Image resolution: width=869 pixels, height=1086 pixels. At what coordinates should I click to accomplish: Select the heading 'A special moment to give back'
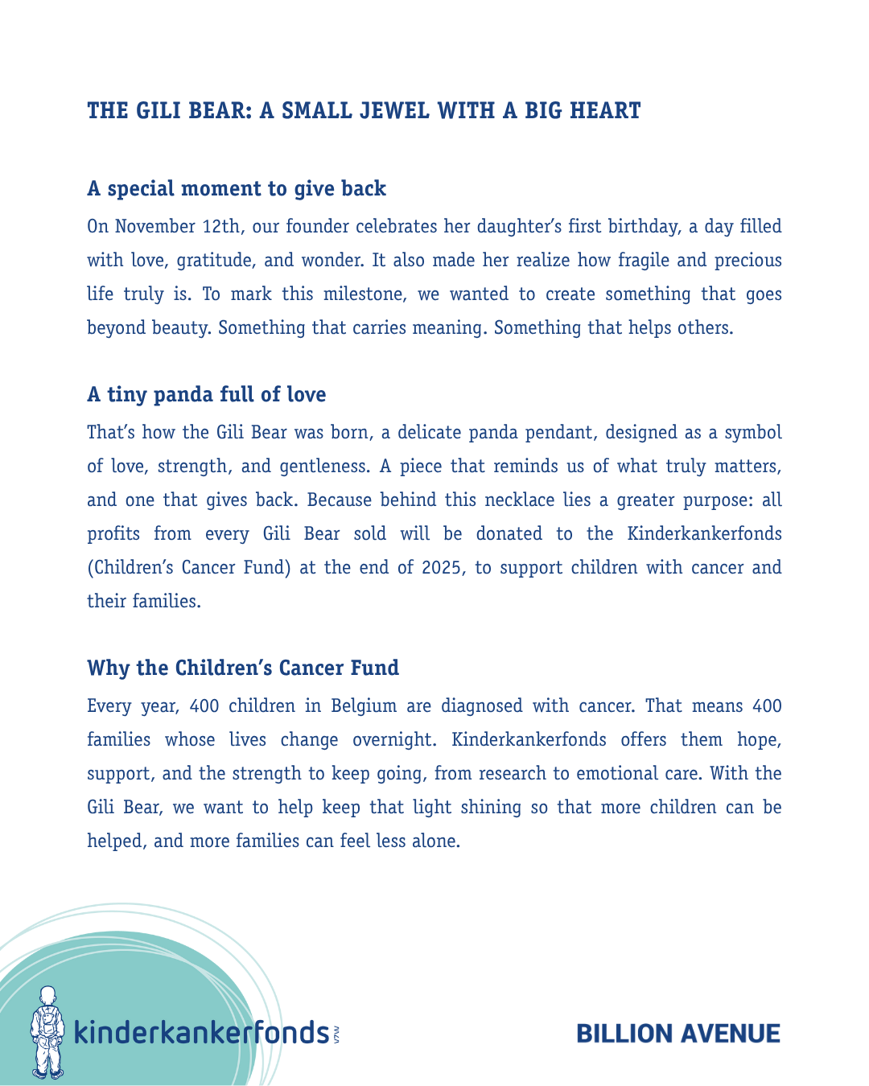(x=237, y=189)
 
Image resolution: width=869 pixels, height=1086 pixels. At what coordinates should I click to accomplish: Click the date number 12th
(x=221, y=226)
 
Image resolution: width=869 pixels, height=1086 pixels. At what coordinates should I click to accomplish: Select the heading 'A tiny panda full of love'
(x=207, y=395)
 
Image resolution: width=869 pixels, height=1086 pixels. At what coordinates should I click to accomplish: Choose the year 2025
(x=442, y=568)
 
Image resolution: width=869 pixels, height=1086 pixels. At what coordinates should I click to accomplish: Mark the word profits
(x=113, y=534)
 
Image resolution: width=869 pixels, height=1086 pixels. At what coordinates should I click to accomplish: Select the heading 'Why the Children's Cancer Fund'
(x=243, y=668)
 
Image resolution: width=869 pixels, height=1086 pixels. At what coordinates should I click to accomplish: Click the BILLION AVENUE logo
(x=678, y=1034)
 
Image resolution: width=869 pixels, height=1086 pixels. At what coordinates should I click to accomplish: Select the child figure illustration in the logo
(x=47, y=1032)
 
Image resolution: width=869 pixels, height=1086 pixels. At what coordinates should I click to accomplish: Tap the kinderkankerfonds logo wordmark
(x=201, y=1031)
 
